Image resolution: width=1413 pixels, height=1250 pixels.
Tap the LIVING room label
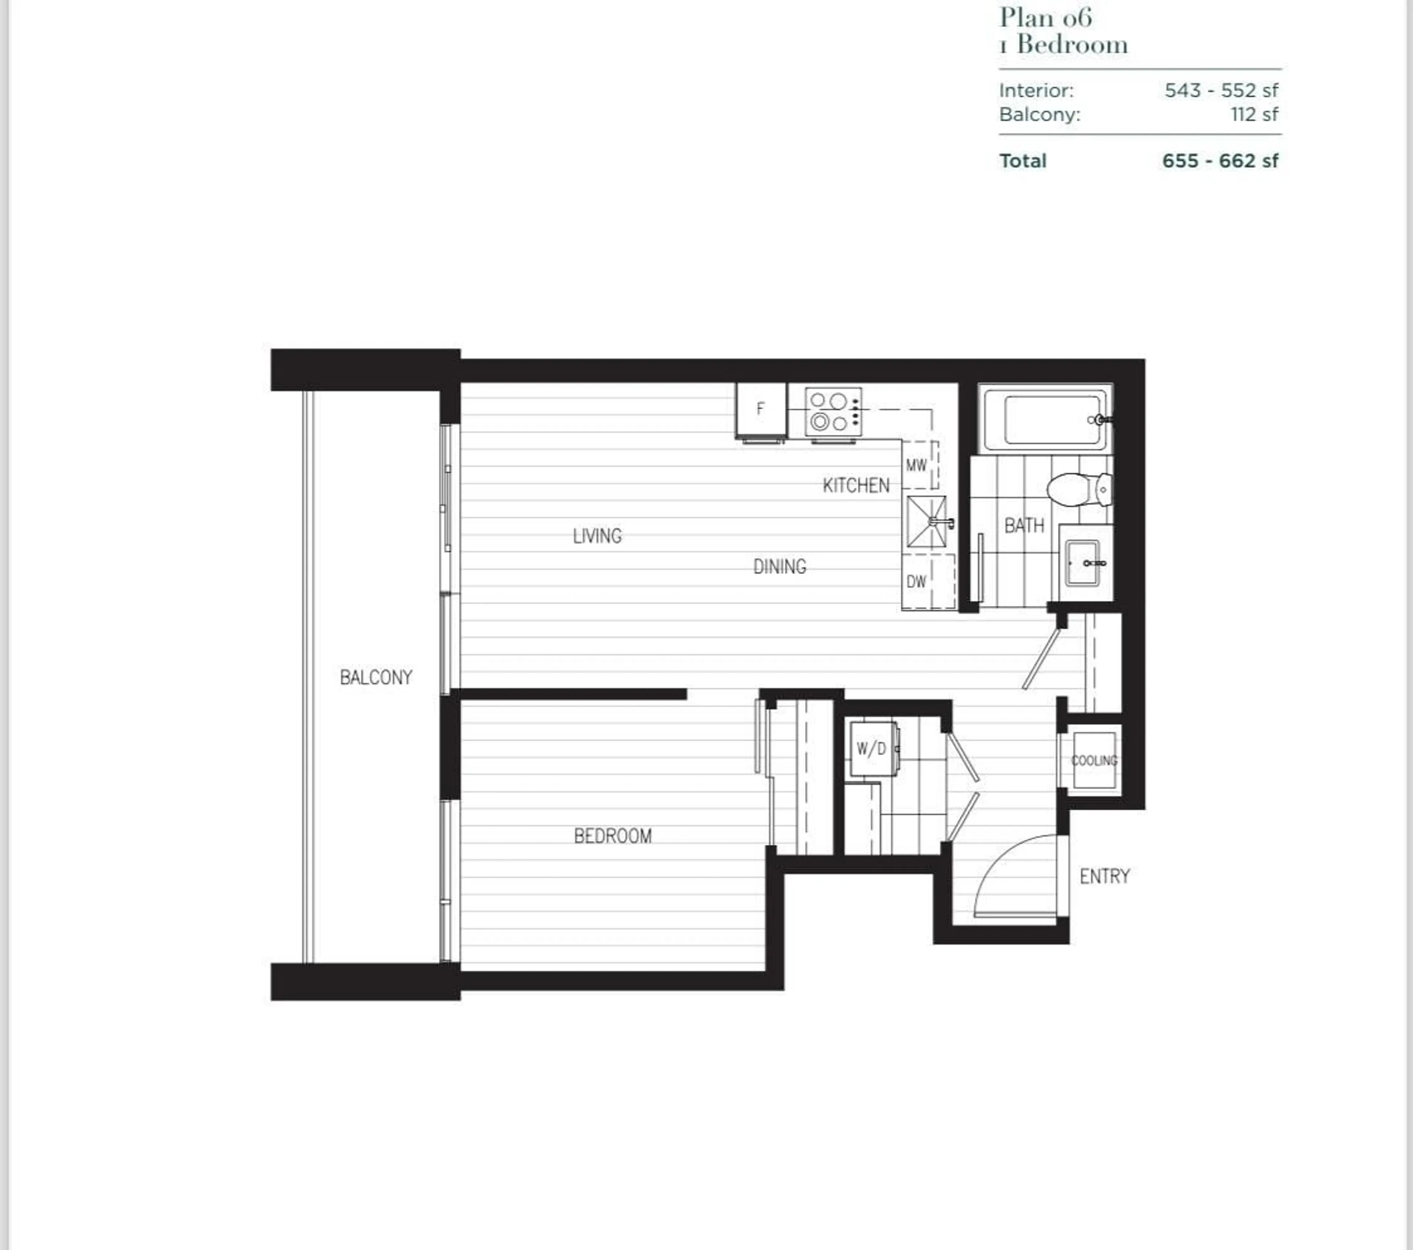coord(597,535)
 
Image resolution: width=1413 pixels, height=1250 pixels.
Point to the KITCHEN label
coord(856,486)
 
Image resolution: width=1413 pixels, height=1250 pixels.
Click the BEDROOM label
coord(613,836)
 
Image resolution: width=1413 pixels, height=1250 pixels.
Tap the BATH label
coord(1024,526)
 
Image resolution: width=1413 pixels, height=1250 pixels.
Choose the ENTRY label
coord(1104,876)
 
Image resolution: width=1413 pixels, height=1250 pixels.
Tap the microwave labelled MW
coord(917,466)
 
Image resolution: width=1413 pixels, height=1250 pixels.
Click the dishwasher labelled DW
coord(917,582)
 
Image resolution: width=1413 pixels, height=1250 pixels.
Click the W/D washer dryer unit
coord(872,748)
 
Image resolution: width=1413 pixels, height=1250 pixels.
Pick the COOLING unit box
coord(1094,760)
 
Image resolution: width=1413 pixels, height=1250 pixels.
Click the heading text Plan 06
coord(1045,17)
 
